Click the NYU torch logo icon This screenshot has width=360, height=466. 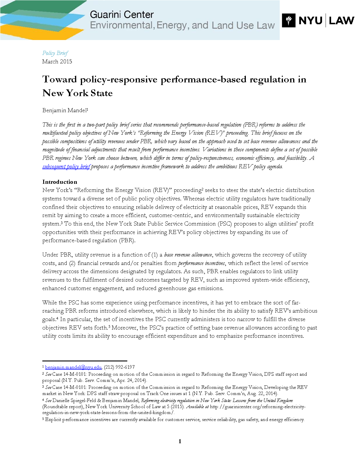(x=288, y=20)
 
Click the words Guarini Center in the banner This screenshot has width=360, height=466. (x=121, y=15)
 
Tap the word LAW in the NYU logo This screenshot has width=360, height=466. (x=341, y=20)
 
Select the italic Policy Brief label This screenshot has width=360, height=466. (x=55, y=53)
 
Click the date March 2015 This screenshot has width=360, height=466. (x=57, y=62)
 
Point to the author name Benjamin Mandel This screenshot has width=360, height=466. (x=64, y=110)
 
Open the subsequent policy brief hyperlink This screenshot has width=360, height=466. (x=66, y=167)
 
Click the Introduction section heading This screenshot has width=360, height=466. (x=60, y=182)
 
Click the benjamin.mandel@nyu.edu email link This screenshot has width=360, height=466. (x=73, y=367)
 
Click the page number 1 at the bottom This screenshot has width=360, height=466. (x=180, y=441)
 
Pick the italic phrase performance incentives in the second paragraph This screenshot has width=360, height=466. (x=201, y=263)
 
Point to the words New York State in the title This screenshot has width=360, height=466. (x=77, y=93)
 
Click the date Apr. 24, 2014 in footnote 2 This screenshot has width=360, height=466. (x=131, y=380)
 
